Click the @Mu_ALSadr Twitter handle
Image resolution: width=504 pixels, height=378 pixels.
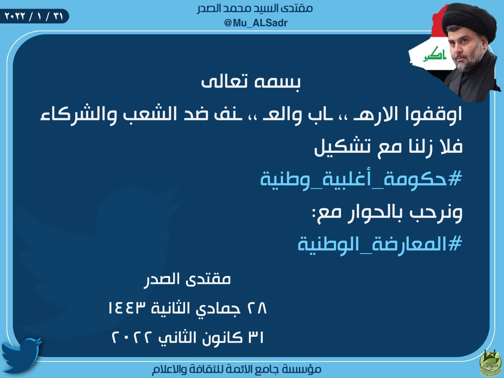pyautogui.click(x=256, y=23)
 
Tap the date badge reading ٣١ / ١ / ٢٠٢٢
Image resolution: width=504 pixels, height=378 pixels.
pyautogui.click(x=34, y=16)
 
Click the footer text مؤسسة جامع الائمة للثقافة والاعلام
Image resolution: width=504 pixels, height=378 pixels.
pyautogui.click(x=237, y=369)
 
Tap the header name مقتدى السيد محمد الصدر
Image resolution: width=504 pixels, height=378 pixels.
pyautogui.click(x=255, y=9)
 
